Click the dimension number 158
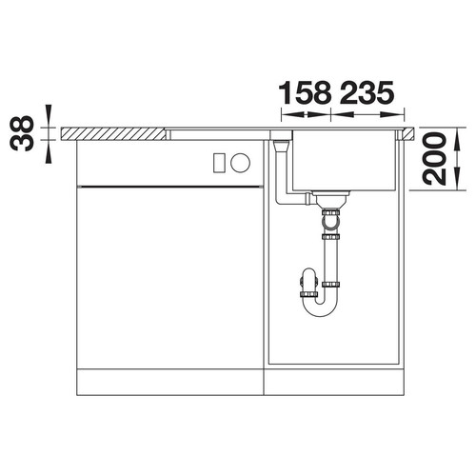point(305,92)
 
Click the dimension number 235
point(367,92)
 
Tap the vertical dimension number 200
point(434,159)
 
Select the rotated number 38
point(22,133)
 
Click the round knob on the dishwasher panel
point(240,163)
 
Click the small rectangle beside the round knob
point(219,163)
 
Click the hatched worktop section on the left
point(113,133)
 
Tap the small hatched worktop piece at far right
point(408,133)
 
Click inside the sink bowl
point(344,160)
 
